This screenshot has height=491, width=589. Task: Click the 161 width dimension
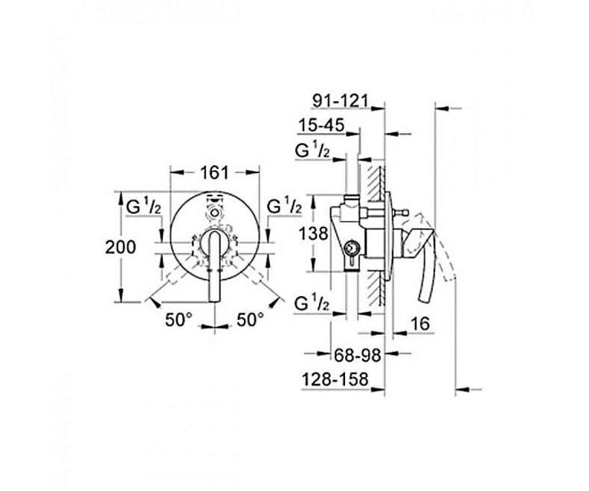click(215, 172)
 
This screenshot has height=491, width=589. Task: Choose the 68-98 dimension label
click(358, 355)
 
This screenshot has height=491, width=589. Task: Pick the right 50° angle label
click(250, 320)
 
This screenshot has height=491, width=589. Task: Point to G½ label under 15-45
click(312, 151)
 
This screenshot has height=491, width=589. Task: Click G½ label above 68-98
click(312, 304)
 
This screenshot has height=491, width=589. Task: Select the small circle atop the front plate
click(214, 214)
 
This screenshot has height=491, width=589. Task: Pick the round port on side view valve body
click(351, 249)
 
